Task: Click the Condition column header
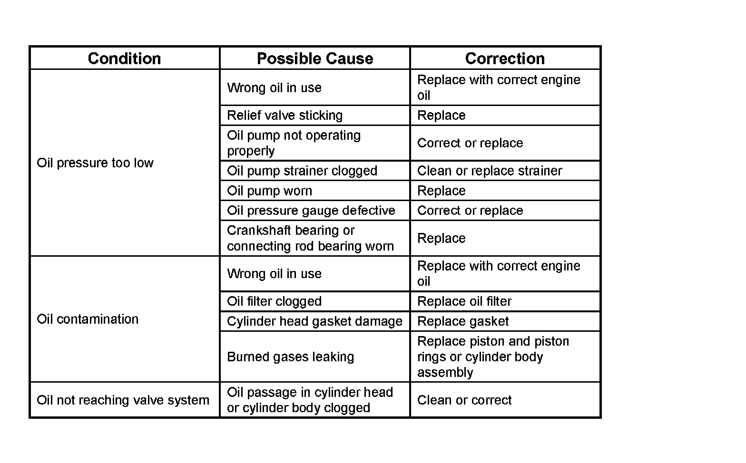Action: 124,58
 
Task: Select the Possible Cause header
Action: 314,58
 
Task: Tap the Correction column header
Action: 505,58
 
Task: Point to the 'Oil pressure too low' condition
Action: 95,163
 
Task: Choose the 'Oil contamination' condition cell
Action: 88,319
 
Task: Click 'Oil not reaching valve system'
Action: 123,400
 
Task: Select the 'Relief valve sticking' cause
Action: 285,116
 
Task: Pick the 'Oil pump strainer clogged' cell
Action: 302,171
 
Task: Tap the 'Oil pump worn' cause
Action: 269,191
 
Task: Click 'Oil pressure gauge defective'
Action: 311,211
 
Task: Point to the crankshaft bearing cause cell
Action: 310,238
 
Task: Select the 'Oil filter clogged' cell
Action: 274,301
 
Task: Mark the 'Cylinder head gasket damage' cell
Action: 314,321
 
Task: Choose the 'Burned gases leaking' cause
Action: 290,357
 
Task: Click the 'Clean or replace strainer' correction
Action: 490,171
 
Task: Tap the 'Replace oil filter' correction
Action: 464,301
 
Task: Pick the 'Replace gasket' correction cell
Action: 462,321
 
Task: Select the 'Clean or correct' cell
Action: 464,400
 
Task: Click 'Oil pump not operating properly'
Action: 294,143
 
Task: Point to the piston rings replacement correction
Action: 493,357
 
